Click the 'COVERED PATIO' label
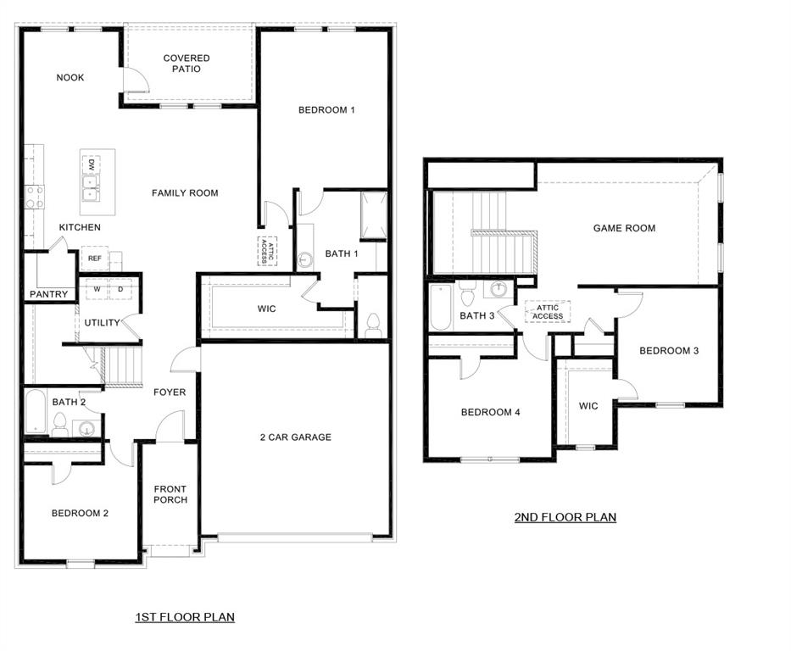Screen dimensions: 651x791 [x=187, y=64]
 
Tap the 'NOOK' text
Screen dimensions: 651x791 [x=70, y=78]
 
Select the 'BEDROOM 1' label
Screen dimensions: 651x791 [x=326, y=110]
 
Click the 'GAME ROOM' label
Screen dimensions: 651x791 [x=624, y=228]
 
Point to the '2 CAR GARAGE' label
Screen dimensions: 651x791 [x=295, y=437]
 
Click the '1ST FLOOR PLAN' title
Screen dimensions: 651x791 [x=185, y=617]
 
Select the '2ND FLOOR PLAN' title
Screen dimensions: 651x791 [x=565, y=517]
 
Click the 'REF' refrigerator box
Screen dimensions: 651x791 [x=93, y=259]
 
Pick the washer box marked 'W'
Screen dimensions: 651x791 [x=97, y=289]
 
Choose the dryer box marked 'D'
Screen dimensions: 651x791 [x=120, y=289]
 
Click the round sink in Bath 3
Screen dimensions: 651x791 [x=500, y=290]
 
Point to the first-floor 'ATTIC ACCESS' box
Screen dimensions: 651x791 [x=267, y=251]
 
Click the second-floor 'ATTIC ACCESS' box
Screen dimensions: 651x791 [x=548, y=311]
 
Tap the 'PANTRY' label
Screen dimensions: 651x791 [x=48, y=295]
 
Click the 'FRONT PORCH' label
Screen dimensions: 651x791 [x=170, y=494]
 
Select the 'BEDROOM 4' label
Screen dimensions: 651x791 [x=490, y=413]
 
